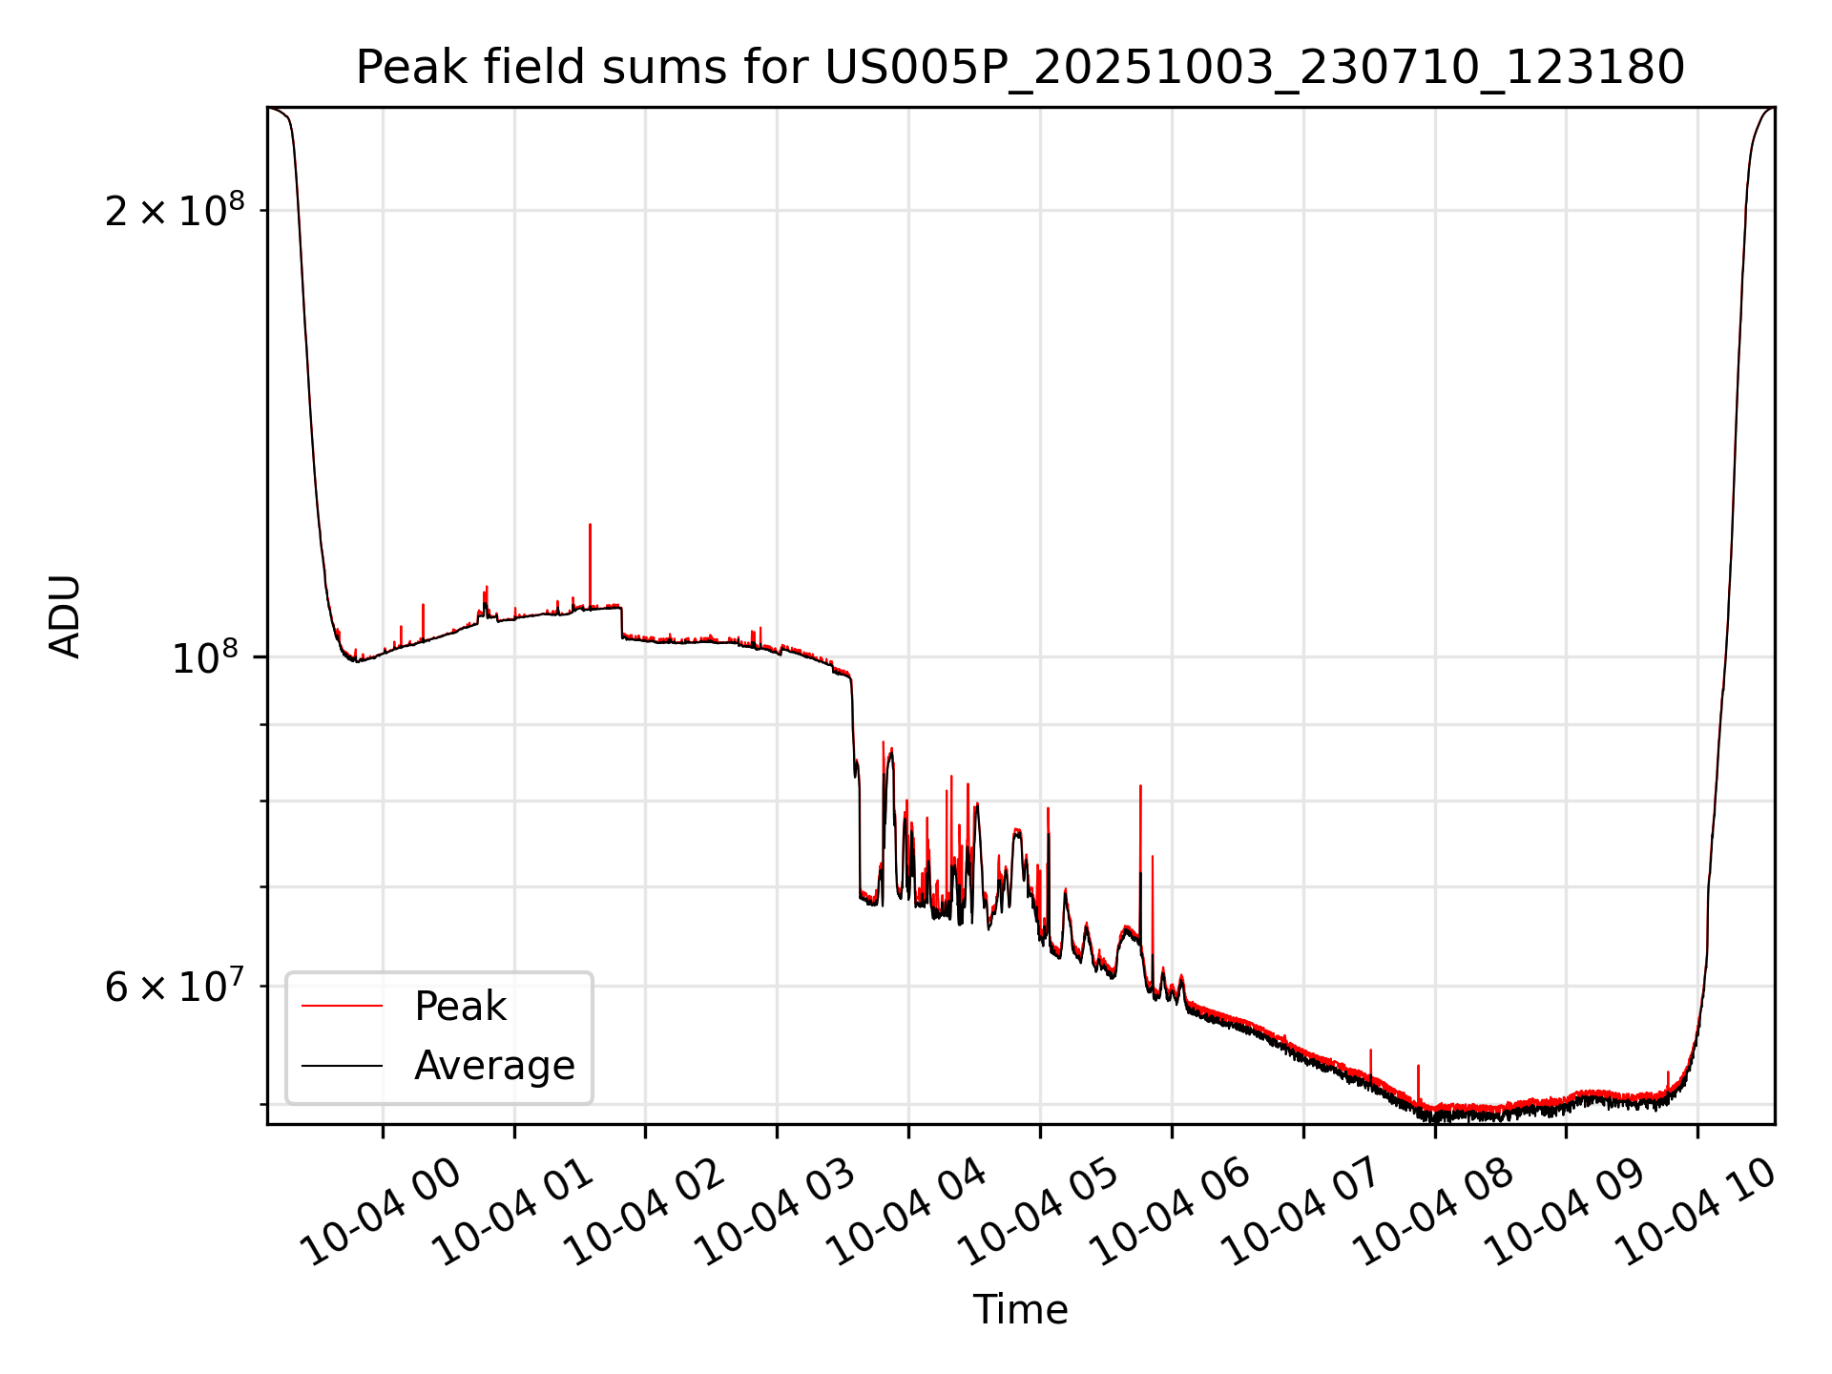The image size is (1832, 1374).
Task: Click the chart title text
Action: point(1020,68)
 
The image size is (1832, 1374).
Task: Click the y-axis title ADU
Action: point(65,615)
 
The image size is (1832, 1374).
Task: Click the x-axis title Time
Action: point(1020,1309)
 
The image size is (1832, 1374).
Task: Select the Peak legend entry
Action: point(460,1006)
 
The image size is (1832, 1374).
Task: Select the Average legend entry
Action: point(494,1065)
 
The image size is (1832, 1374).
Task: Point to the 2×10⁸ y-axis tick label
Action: point(175,210)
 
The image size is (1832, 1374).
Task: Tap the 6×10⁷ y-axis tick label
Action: point(175,987)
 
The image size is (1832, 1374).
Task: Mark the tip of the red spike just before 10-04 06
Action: point(1140,787)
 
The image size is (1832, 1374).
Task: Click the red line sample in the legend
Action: point(342,1006)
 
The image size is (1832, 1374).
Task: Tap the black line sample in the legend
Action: point(342,1065)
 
